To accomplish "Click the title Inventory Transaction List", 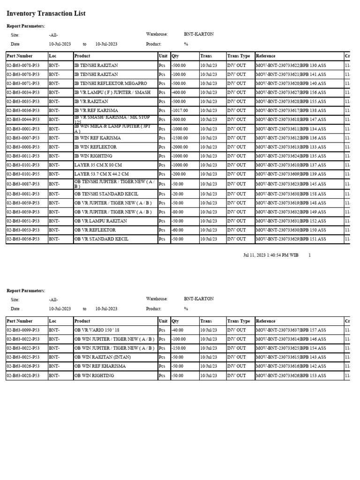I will click(x=46, y=14).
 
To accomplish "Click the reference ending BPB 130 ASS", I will click(x=291, y=65).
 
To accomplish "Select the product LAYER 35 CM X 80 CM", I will click(x=101, y=165).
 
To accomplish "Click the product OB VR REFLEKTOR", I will click(x=95, y=230).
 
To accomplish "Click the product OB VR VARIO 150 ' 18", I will click(x=97, y=330).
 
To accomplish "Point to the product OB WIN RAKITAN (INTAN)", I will click(x=103, y=357).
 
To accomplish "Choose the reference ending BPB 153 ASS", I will click(x=291, y=375).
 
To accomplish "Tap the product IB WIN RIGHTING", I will click(x=93, y=156).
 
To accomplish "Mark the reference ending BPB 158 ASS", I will click(x=291, y=194).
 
